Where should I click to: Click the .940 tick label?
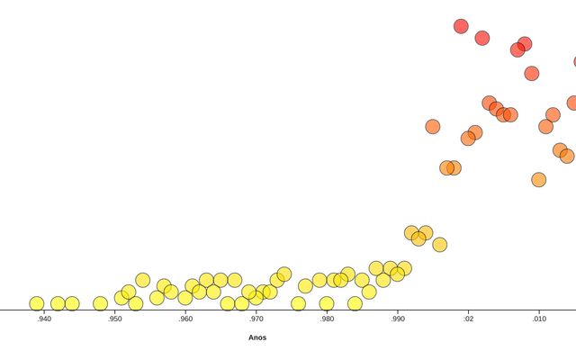pos(43,319)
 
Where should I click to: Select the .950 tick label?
pos(114,319)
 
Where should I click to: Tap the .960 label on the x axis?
pos(185,319)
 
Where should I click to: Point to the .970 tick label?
pos(256,319)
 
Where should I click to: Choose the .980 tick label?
pos(327,319)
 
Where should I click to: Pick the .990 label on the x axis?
pos(398,319)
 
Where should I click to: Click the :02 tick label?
pos(468,319)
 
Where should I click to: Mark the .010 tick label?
pos(539,319)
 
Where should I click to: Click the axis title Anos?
pos(257,337)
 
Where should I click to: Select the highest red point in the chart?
pos(461,26)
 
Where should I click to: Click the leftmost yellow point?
pos(36,303)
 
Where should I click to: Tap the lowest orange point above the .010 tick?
pos(538,179)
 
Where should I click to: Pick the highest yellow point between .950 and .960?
pos(142,280)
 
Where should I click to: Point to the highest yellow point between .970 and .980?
pos(284,274)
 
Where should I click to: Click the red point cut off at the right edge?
pos(573,62)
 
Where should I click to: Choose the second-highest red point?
pos(482,38)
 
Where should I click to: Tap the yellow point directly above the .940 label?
pos(36,303)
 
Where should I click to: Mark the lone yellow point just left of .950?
pos(100,303)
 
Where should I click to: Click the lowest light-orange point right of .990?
pos(439,244)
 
